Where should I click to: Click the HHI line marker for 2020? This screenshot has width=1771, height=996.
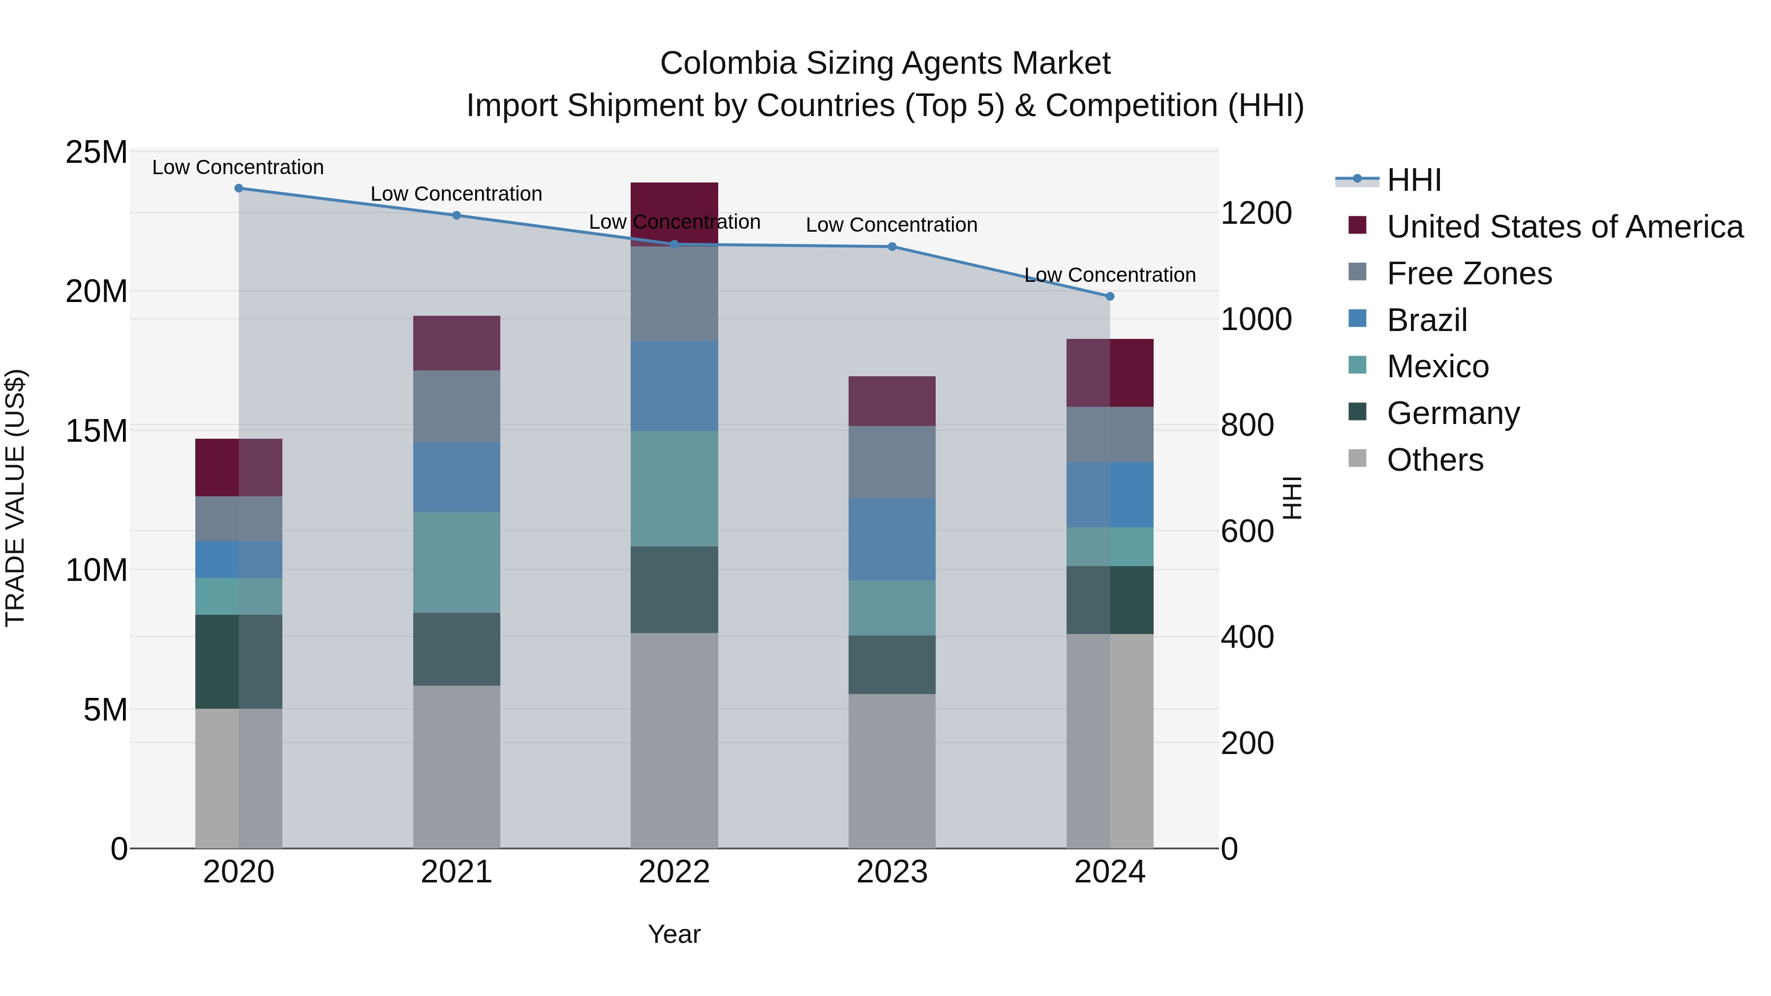click(x=239, y=188)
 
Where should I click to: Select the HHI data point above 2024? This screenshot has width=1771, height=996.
click(x=1110, y=296)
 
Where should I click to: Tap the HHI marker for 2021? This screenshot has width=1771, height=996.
click(x=457, y=215)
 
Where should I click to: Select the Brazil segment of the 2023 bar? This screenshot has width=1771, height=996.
click(x=892, y=539)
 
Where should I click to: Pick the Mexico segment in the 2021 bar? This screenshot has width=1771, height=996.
click(x=457, y=562)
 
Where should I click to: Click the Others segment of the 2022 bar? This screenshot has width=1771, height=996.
click(x=674, y=740)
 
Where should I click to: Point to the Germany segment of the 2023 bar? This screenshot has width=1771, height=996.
click(x=892, y=664)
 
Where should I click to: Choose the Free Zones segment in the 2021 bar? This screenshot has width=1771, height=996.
click(x=457, y=406)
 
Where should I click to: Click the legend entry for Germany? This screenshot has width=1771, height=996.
click(x=1453, y=413)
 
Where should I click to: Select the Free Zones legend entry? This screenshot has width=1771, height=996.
click(x=1468, y=273)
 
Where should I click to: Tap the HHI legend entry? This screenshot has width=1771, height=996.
click(x=1413, y=180)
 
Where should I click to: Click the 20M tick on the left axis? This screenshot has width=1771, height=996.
click(x=96, y=292)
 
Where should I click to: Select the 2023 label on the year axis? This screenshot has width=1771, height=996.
click(x=892, y=872)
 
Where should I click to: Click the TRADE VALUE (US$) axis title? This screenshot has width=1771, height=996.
click(x=15, y=498)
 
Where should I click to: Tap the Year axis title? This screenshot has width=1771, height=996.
click(x=674, y=934)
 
